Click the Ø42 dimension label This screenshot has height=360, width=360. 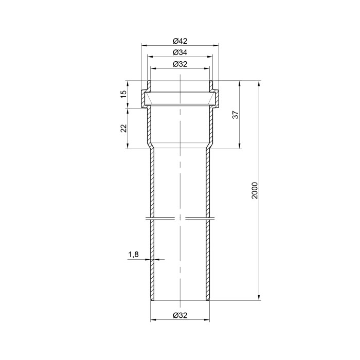point(180,41)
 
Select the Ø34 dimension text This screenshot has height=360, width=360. point(180,52)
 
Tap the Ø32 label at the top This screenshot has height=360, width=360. point(180,64)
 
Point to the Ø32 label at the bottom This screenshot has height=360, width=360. point(180,315)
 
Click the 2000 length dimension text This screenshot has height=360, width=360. point(255,191)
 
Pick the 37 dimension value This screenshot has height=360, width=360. point(236,115)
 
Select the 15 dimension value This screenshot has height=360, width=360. point(124,94)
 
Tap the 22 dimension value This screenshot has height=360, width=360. point(124,129)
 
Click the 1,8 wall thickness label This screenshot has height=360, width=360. point(133,255)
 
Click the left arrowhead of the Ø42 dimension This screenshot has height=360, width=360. point(144,45)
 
